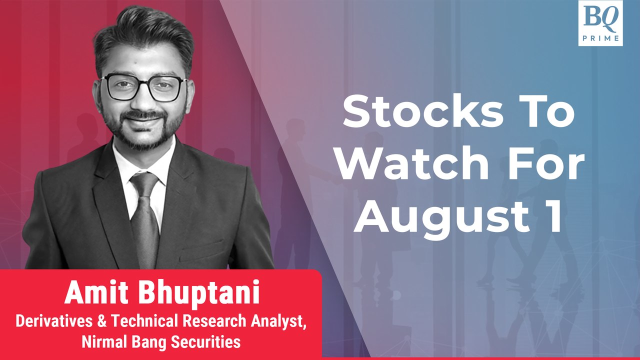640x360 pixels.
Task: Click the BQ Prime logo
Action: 600,23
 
